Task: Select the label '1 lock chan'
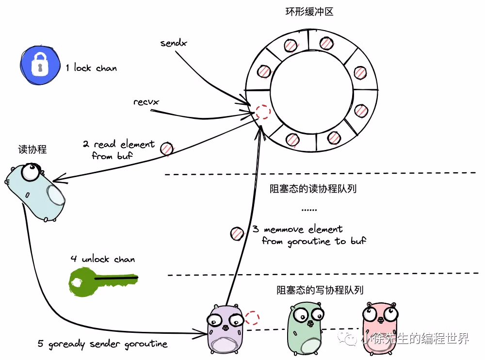(92, 68)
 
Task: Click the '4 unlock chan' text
(102, 259)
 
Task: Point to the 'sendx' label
(174, 44)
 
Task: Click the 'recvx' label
(146, 102)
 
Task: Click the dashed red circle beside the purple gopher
(252, 318)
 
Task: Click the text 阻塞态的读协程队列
(313, 189)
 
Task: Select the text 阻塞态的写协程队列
(320, 291)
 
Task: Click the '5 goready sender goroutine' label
(103, 344)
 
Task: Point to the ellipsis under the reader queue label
(309, 210)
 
